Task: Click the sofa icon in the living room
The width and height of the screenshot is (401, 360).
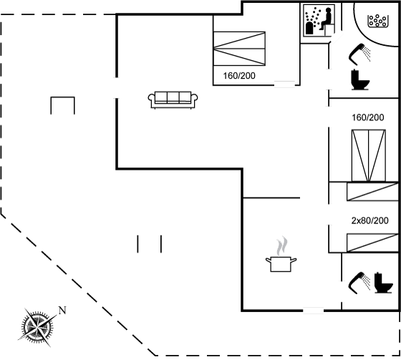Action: pos(173,99)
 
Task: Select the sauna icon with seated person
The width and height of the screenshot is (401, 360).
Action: pos(319,21)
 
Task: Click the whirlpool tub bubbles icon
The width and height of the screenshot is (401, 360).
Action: pos(378,21)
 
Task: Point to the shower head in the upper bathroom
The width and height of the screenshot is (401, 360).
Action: pos(359,54)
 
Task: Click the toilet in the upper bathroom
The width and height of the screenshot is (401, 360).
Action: pos(360,79)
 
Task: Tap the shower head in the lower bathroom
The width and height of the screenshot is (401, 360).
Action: pos(359,283)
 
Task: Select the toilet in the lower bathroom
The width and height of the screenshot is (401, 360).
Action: pos(383,283)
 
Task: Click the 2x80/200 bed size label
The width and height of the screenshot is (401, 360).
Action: pos(369,220)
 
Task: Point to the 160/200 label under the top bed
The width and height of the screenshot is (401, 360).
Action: pos(239,76)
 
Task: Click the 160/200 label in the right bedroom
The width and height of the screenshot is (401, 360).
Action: pos(368,117)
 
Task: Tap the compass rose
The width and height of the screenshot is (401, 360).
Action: pos(37,326)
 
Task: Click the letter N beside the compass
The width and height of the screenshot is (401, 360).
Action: pos(62,310)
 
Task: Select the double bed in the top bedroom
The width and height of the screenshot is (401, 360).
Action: pos(239,49)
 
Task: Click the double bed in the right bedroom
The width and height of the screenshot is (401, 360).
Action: pos(369,156)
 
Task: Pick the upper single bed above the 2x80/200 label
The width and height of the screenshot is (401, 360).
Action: pos(372,192)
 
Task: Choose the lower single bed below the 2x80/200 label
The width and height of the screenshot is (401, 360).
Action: pos(372,243)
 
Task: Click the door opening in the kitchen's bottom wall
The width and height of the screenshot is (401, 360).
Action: pos(314,311)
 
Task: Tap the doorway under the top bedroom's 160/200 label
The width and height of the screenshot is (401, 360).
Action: pos(285,84)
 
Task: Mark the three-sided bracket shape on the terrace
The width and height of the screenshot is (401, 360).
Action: pos(63,97)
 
